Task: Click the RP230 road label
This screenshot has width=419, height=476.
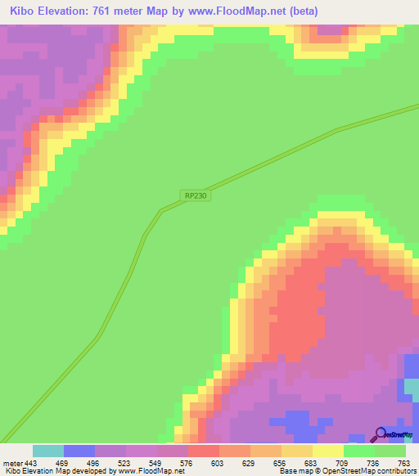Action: pos(196,195)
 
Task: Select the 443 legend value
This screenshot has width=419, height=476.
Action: pos(31,464)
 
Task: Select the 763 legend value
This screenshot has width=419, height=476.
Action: pos(403,464)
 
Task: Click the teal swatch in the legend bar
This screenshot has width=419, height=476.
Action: pos(48,451)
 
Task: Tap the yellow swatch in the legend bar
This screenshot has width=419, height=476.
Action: pos(328,451)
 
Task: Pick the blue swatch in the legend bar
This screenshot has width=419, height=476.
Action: pos(79,451)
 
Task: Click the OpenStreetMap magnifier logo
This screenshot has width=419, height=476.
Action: pos(380,434)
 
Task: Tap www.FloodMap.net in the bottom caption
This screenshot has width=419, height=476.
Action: pos(151,471)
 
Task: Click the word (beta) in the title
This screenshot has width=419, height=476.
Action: pos(301,11)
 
